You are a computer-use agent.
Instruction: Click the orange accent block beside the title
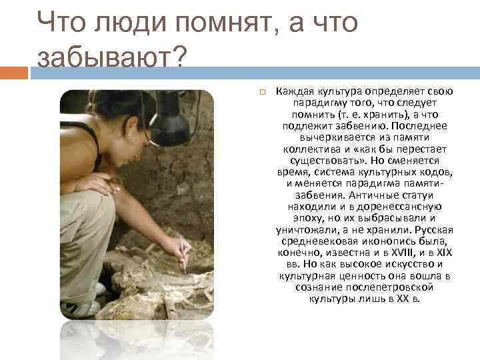click(x=14, y=72)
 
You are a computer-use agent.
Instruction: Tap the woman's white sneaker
click(x=83, y=309)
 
